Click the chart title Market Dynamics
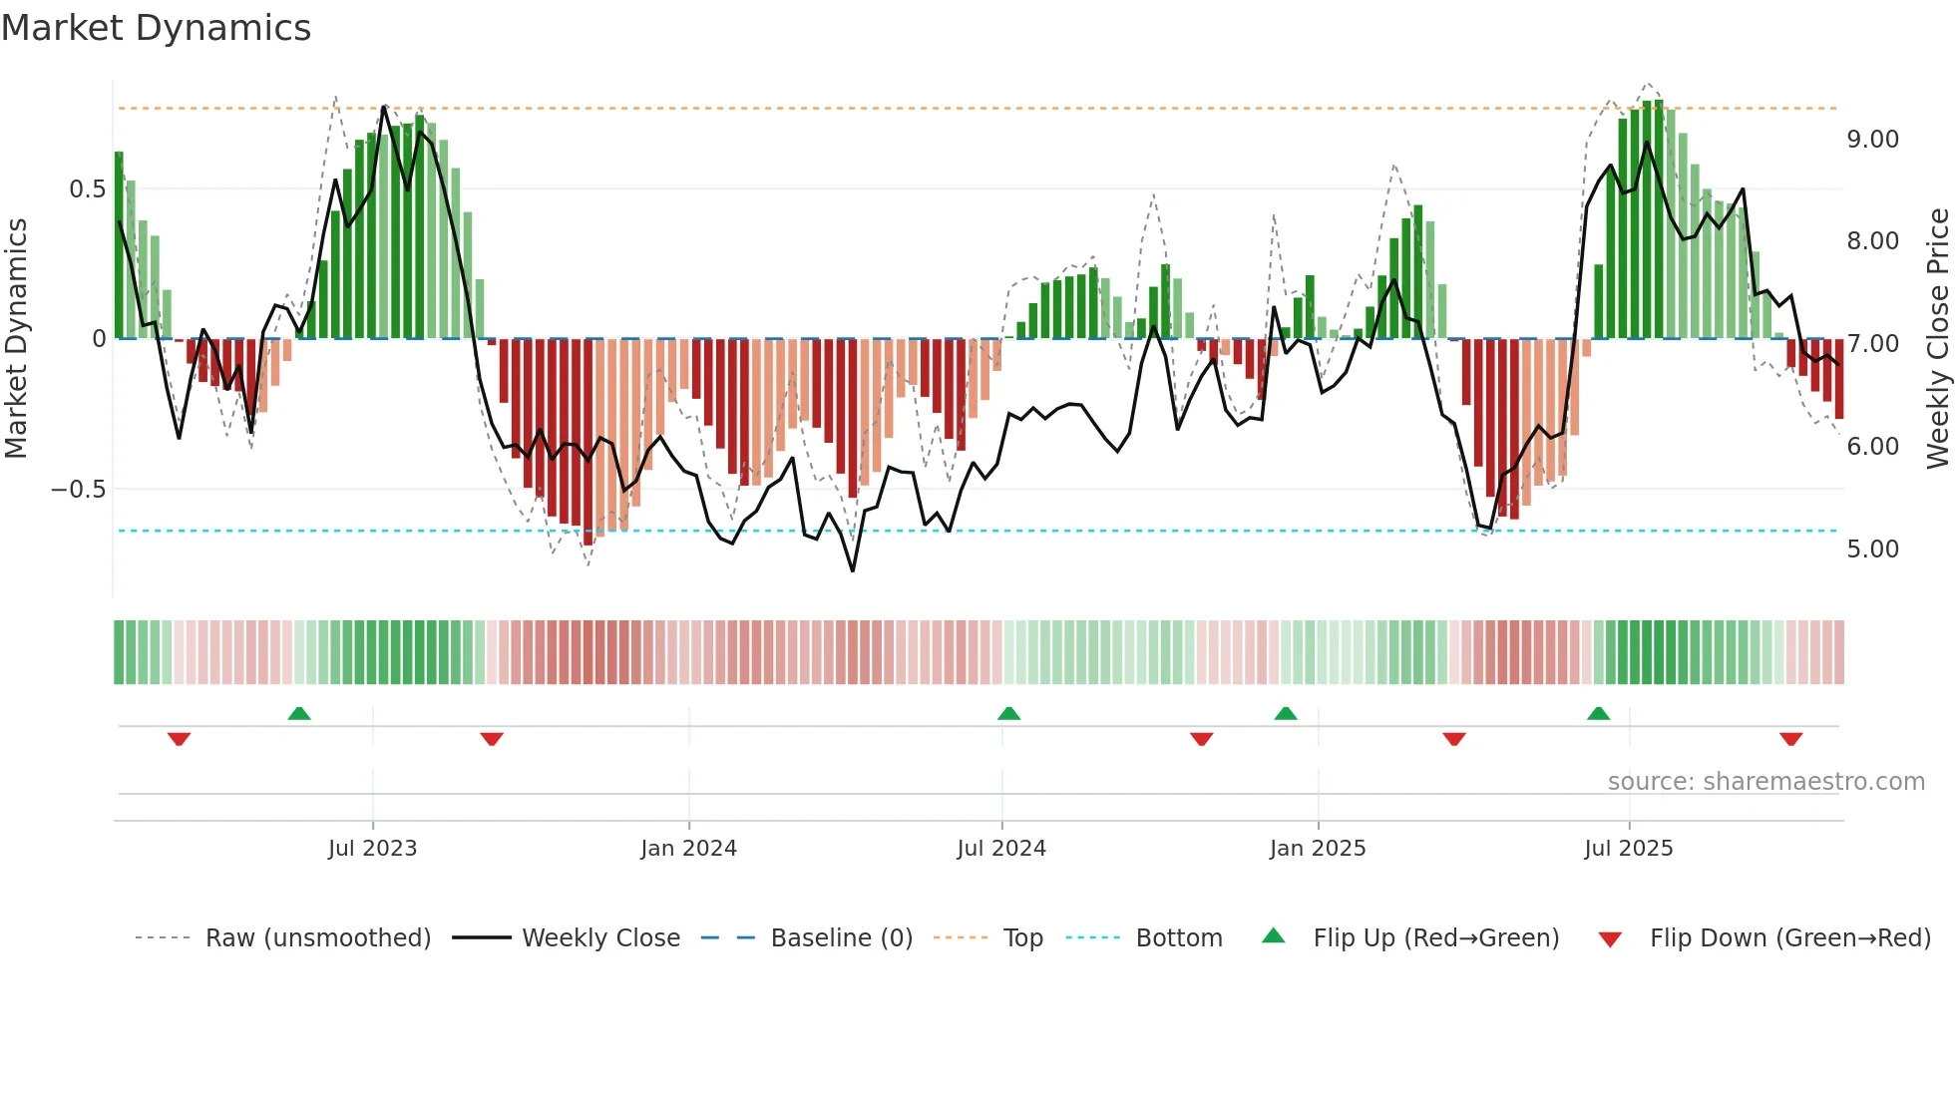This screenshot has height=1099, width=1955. (x=156, y=28)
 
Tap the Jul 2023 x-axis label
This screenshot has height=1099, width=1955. (x=372, y=849)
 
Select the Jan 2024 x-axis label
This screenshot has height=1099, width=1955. (x=688, y=849)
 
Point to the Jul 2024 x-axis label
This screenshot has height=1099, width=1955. (x=1001, y=849)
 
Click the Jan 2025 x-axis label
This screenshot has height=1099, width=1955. (x=1317, y=849)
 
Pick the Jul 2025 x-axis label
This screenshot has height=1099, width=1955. (x=1628, y=849)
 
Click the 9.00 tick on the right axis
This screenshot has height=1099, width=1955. (x=1872, y=140)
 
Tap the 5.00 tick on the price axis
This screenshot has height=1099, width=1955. (x=1872, y=549)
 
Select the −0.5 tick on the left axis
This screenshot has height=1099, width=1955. (x=78, y=490)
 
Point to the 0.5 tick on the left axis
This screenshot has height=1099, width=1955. (x=87, y=189)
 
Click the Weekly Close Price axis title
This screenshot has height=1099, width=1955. (x=1937, y=339)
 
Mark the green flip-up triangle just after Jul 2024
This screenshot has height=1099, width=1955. (x=1008, y=713)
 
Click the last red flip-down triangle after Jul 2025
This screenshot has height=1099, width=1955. (x=1790, y=739)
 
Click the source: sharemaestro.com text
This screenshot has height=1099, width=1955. (x=1765, y=782)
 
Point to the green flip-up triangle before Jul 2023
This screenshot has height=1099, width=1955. (x=299, y=713)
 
